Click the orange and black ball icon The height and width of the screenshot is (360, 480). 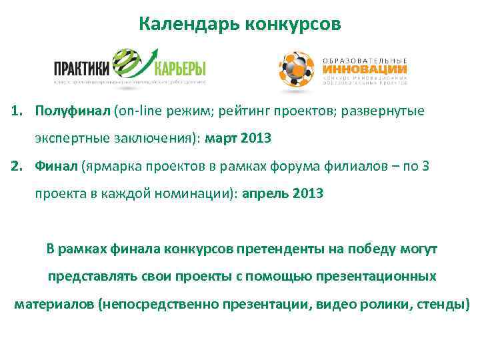[x=296, y=67]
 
